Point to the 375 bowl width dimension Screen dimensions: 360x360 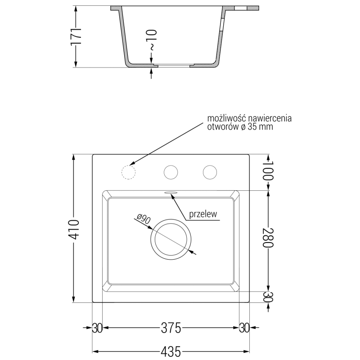(x=171, y=328)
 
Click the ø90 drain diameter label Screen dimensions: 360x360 (x=143, y=220)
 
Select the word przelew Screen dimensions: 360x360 (x=203, y=214)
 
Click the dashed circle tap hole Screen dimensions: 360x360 (x=129, y=172)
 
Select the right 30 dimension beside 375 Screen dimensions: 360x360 (x=245, y=328)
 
